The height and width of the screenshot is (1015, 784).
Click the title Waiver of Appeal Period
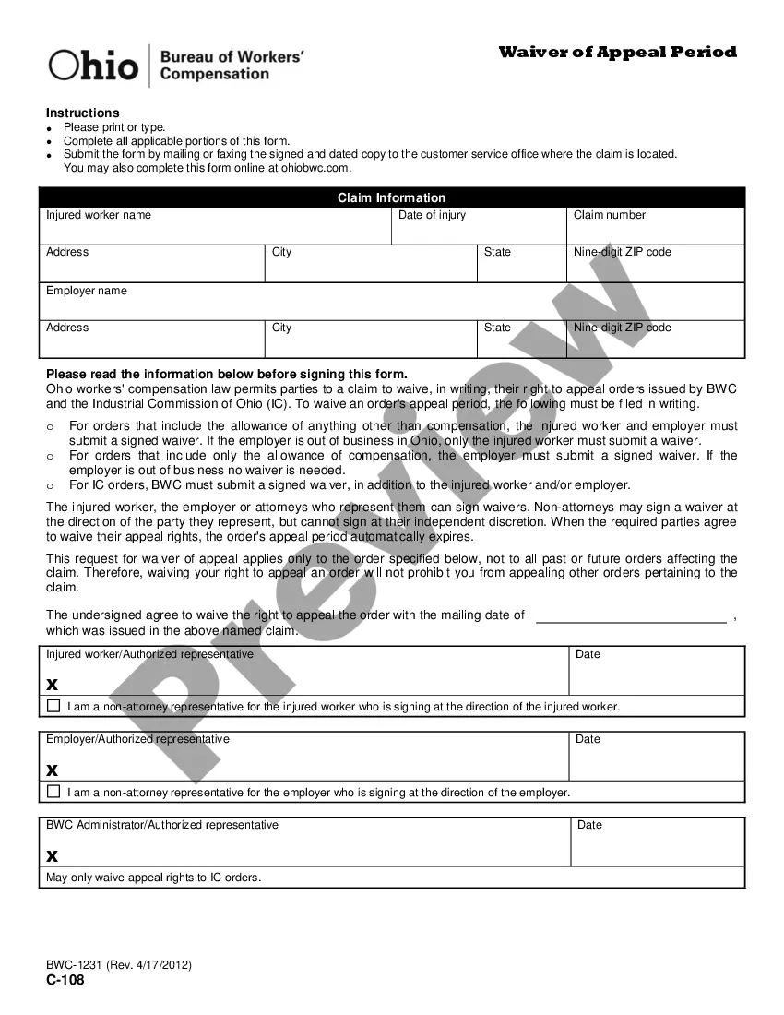coord(617,52)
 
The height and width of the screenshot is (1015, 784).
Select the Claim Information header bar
coord(391,197)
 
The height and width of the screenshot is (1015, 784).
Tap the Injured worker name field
coord(215,227)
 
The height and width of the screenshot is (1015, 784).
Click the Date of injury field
coord(478,227)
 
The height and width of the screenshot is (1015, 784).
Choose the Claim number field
coord(655,227)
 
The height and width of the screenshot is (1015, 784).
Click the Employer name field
coord(391,303)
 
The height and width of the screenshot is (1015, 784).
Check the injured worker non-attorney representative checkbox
coord(53,707)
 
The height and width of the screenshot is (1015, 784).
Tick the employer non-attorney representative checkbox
coord(53,792)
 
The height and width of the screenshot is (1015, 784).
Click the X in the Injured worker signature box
coord(52,685)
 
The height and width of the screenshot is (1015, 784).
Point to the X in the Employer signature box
coord(52,770)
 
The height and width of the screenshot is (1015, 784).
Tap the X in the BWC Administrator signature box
coord(52,856)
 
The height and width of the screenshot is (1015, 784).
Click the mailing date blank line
coord(631,616)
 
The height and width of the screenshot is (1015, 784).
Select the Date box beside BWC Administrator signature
coord(658,843)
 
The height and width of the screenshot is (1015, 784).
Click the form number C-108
coord(65,981)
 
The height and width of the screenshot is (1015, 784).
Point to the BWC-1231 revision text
coord(119,965)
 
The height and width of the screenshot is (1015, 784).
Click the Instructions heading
coord(83,113)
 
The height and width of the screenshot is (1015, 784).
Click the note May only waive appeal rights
coord(154,878)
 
